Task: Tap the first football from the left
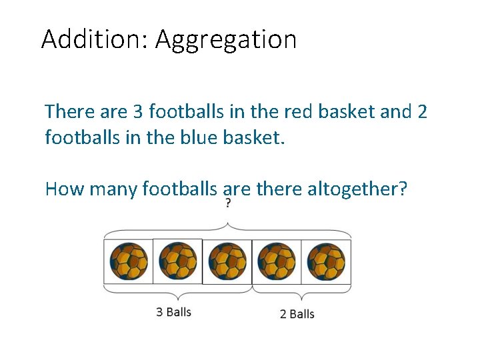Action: (129, 262)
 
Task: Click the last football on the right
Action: (327, 262)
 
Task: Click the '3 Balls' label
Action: (173, 312)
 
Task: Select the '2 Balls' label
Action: (297, 313)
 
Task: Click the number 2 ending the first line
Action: (421, 111)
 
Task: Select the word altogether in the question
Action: (357, 189)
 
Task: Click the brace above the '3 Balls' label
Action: (177, 293)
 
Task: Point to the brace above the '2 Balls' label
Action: (301, 293)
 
